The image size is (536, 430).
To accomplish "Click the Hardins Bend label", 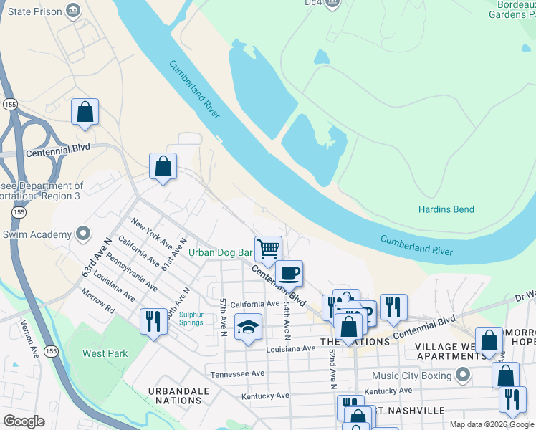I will coord(446,209).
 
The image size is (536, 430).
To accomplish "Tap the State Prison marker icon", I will coord(73,10).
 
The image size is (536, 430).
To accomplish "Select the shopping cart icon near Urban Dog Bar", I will coord(268,249).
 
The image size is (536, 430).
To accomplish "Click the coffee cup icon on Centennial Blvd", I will coord(289,273).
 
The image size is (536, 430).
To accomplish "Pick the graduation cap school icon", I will coord(248,328).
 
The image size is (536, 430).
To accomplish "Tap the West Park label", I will coord(105,353).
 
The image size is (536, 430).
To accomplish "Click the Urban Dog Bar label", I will coord(221,252).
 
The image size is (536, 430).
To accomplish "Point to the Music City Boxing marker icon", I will coord(463,375).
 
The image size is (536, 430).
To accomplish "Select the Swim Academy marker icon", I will coord(84,234).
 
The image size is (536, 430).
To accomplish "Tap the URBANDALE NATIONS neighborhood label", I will coord(178,396).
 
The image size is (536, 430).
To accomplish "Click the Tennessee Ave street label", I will coord(237,373).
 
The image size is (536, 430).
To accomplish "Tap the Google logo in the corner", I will coord(24,421).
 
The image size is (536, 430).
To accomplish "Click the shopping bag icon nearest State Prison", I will coord(85,112).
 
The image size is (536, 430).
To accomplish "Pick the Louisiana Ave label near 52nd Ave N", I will coord(290,348).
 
